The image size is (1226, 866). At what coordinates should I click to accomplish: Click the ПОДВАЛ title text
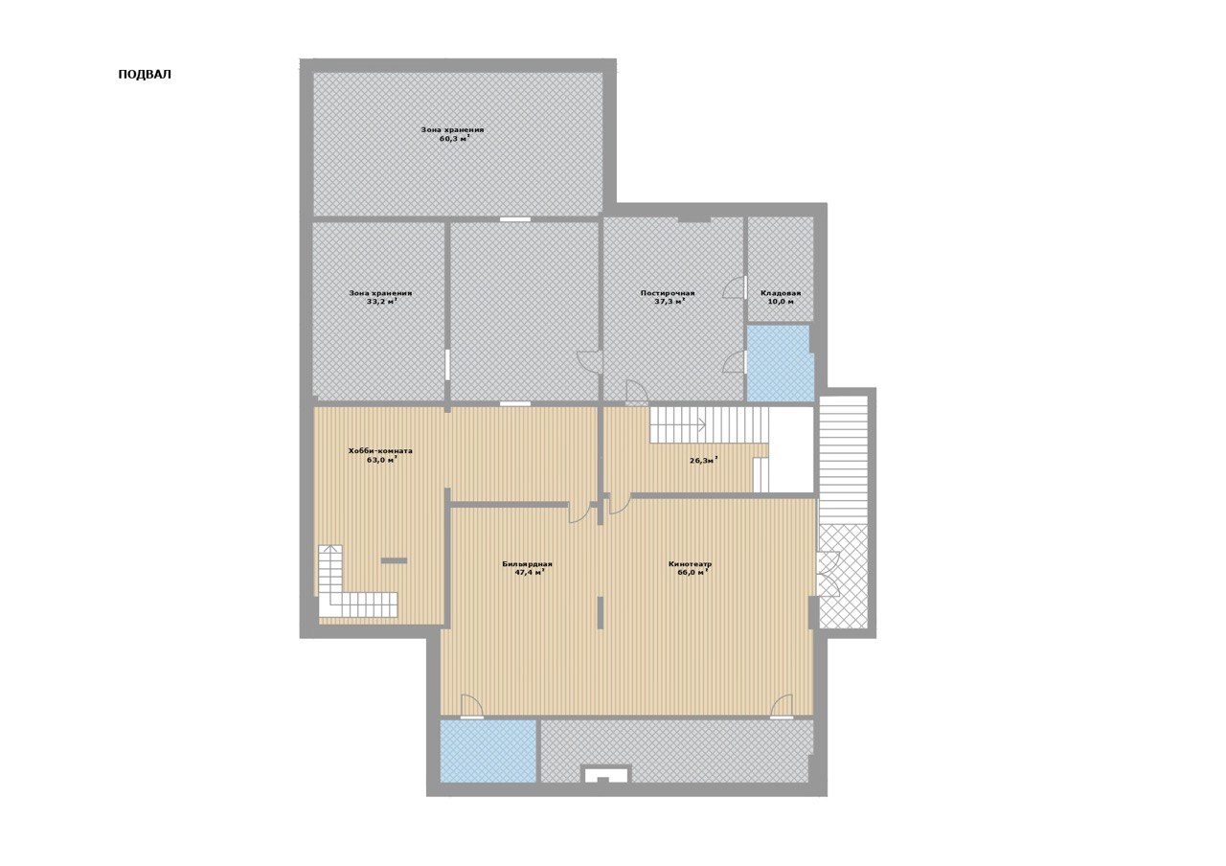(145, 75)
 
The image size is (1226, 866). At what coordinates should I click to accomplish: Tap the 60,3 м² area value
(454, 139)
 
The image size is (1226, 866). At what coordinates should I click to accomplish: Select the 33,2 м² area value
(381, 301)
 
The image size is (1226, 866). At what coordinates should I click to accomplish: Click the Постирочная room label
(668, 293)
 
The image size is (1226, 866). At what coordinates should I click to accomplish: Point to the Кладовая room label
(781, 293)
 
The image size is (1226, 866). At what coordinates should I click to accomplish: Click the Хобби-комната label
(380, 451)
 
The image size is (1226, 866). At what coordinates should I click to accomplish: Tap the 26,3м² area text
(703, 461)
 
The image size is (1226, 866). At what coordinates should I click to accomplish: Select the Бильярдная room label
(527, 564)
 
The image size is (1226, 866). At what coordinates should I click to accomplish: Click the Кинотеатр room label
(691, 564)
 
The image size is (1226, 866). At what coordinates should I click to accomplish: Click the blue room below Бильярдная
(488, 750)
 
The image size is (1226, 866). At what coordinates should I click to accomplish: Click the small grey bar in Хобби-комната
(394, 560)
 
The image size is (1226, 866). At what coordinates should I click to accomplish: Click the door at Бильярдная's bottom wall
(471, 706)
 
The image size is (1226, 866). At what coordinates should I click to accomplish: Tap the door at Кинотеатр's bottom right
(782, 706)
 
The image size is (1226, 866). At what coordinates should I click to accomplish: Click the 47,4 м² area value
(530, 573)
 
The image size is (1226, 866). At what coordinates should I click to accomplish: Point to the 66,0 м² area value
(692, 573)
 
